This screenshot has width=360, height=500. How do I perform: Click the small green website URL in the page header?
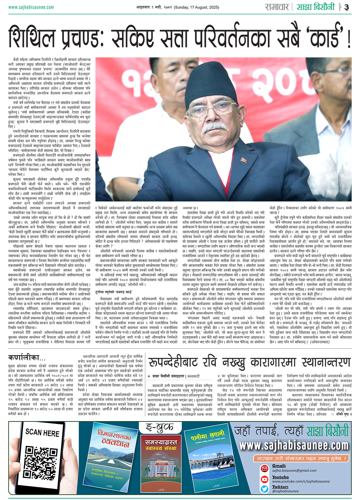(x=31, y=7)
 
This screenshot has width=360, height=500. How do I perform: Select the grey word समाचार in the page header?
(x=277, y=7)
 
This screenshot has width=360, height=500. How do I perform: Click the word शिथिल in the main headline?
(x=32, y=37)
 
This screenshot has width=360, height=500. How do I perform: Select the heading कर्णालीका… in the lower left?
(x=27, y=358)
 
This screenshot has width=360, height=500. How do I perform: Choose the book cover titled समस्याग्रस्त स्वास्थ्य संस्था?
(x=161, y=465)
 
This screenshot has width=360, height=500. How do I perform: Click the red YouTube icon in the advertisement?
(x=264, y=479)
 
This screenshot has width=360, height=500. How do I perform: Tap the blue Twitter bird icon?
(x=264, y=489)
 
